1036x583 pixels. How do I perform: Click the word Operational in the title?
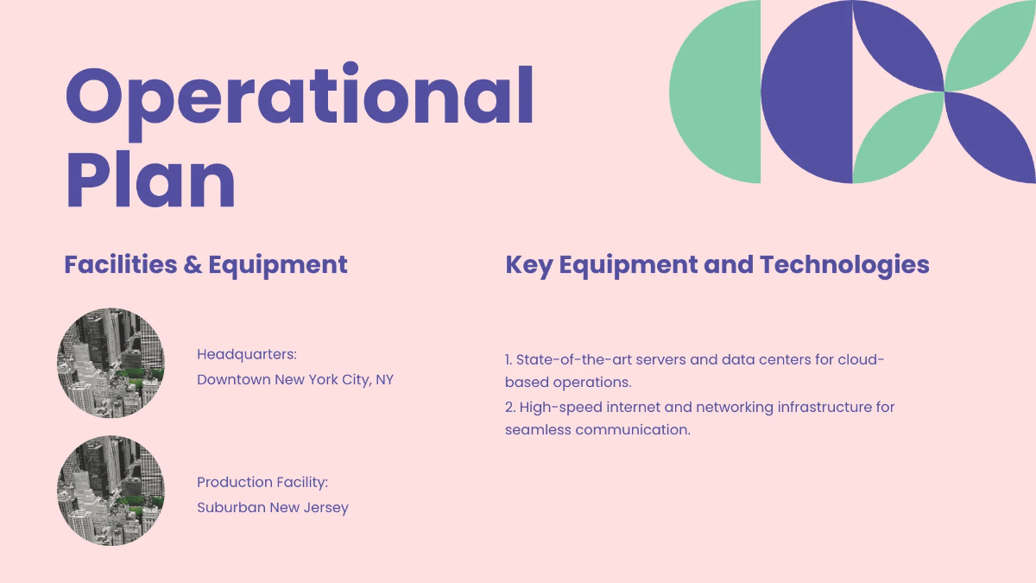[x=300, y=97]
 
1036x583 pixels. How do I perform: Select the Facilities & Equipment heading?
[x=205, y=264]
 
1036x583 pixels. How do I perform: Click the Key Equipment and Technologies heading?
[x=717, y=264]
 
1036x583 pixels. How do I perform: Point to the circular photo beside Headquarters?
[x=111, y=364]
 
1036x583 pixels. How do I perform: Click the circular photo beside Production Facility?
[x=111, y=491]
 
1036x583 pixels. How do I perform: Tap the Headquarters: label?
[x=247, y=354]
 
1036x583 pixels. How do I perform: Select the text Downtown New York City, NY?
[x=295, y=379]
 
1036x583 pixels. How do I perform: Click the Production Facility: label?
[x=262, y=482]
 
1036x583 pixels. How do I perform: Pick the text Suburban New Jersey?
[x=273, y=507]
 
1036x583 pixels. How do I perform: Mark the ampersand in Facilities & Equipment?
[x=193, y=264]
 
